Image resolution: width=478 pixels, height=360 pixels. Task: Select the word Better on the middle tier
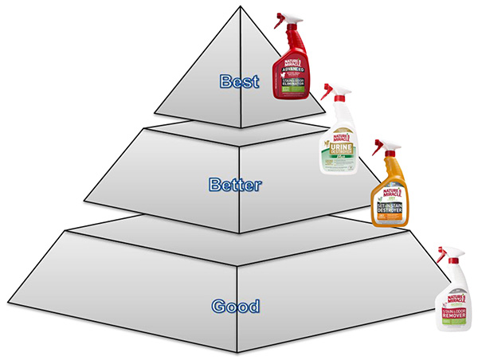[x=236, y=185]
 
